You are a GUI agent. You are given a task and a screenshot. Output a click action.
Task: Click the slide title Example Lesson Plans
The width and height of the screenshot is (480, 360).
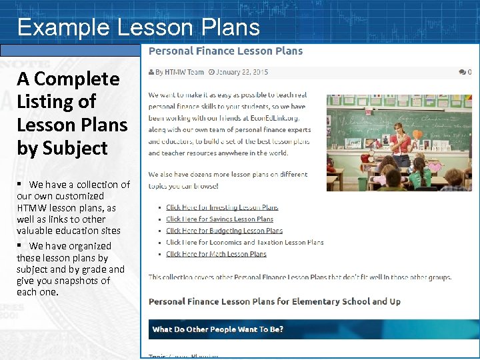tap(138, 27)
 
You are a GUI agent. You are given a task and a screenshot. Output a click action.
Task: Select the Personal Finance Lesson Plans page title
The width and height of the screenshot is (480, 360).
tap(225, 51)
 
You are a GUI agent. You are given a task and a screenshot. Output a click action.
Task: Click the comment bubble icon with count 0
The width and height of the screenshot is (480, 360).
tap(465, 72)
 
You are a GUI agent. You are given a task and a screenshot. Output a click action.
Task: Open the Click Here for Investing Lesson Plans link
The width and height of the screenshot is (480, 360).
tap(222, 207)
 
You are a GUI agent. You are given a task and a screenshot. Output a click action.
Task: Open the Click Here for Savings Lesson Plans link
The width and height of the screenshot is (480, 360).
tap(219, 219)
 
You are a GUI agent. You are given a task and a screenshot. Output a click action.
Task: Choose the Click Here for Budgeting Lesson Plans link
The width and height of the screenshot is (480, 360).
tap(224, 231)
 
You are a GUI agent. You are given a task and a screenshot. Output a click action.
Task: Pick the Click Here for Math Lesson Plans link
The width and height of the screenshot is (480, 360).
tap(216, 254)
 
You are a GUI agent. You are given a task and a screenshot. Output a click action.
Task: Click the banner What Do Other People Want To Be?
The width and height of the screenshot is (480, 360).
tap(218, 329)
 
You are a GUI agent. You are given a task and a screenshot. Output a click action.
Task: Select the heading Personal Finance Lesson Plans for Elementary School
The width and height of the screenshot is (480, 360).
tap(274, 301)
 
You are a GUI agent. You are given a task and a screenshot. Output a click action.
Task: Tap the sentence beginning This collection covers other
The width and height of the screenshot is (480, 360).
tap(299, 277)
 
